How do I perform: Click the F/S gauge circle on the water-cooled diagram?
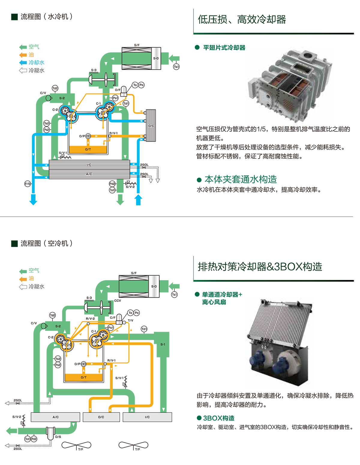click(x=28, y=183)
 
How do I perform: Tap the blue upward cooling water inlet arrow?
click(x=138, y=199)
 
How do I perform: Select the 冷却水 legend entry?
click(x=36, y=62)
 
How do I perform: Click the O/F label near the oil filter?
click(x=118, y=90)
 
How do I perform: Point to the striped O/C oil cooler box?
click(x=151, y=125)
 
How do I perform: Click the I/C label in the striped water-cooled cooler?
click(x=89, y=165)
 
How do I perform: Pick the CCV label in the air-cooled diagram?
click(x=118, y=300)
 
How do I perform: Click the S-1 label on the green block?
click(x=163, y=344)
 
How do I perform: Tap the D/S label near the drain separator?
click(x=58, y=437)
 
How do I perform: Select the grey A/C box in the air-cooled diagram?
click(x=55, y=417)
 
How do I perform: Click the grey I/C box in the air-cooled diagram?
click(x=147, y=417)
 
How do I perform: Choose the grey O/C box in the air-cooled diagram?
click(x=101, y=417)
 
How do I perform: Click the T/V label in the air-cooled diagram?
click(x=130, y=320)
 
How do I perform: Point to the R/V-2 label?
click(x=90, y=318)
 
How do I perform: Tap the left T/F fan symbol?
click(x=76, y=445)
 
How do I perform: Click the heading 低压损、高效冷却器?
click(x=242, y=19)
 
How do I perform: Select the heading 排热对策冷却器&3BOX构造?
click(x=260, y=266)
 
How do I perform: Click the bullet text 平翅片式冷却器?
click(x=224, y=48)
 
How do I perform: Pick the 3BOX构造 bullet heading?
click(x=219, y=418)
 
